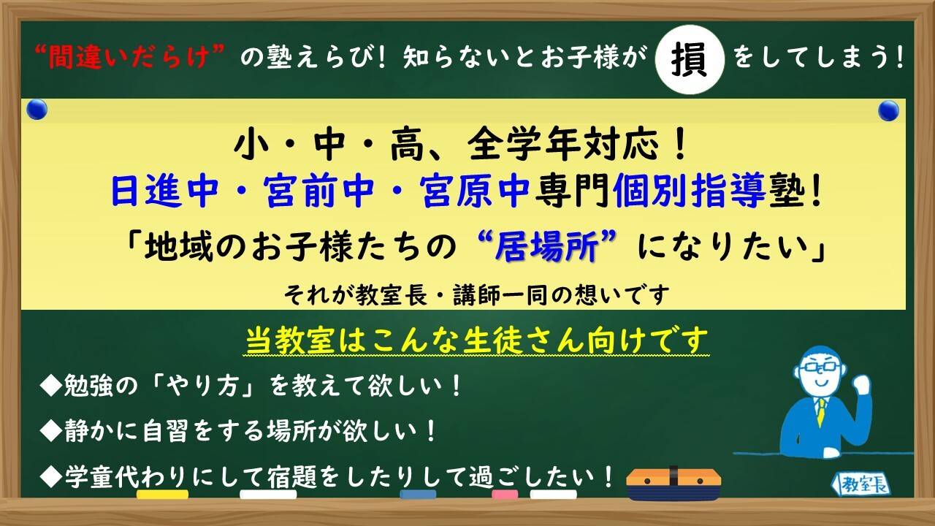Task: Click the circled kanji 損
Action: click(x=690, y=58)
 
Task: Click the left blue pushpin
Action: click(x=37, y=110)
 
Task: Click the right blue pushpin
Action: click(x=888, y=111)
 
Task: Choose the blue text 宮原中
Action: click(x=474, y=191)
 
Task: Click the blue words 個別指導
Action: click(x=691, y=191)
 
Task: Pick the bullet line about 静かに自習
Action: click(x=241, y=432)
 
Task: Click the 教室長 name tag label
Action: click(x=862, y=484)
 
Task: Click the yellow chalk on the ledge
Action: click(x=161, y=495)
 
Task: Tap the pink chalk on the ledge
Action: click(x=504, y=495)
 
